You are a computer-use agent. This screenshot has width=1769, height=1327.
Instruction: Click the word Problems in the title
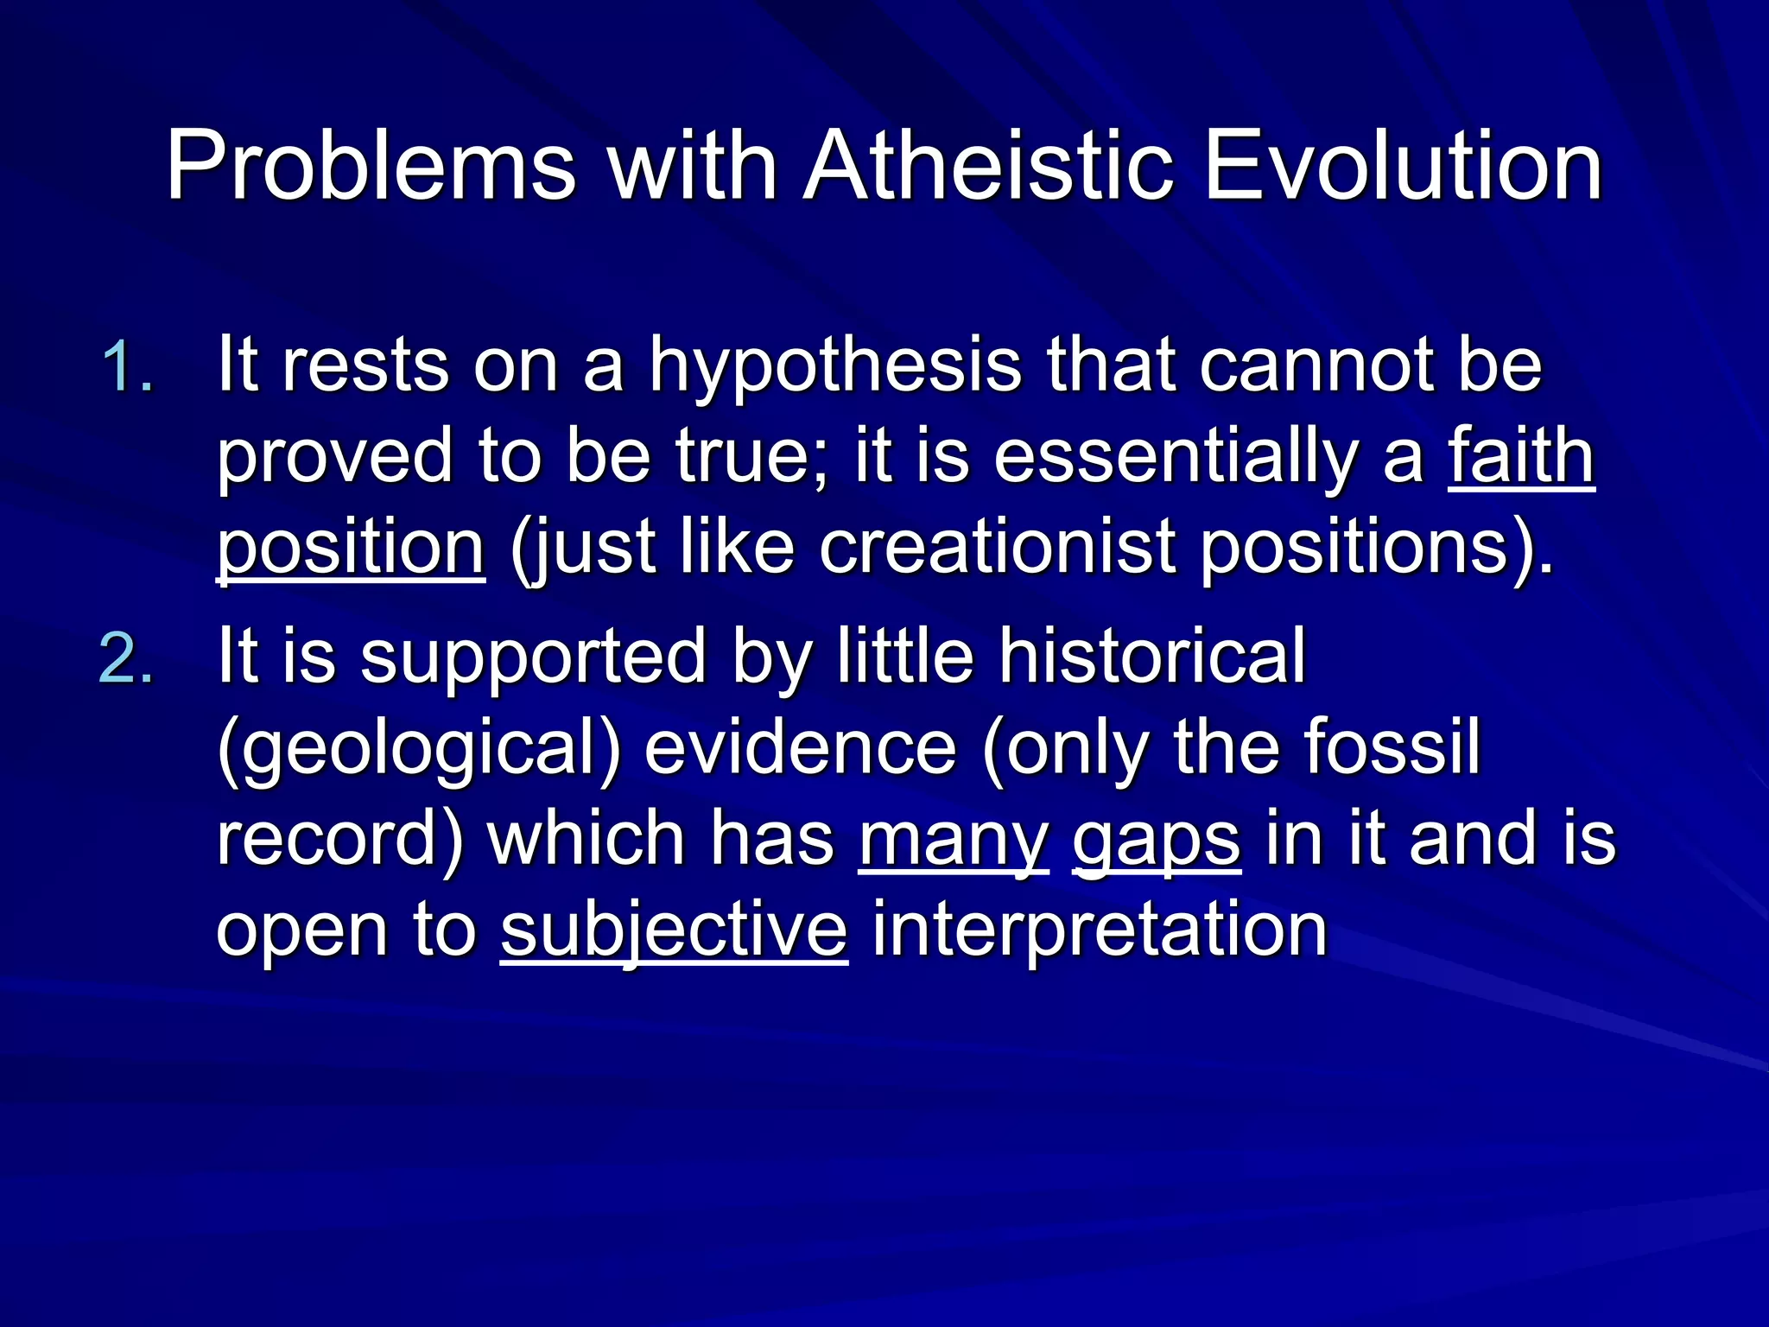pyautogui.click(x=371, y=166)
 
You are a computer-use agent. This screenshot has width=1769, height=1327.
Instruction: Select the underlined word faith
pyautogui.click(x=1520, y=457)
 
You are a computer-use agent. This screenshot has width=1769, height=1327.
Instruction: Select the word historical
pyautogui.click(x=1152, y=657)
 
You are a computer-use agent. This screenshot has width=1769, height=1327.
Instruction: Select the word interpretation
pyautogui.click(x=1099, y=931)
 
